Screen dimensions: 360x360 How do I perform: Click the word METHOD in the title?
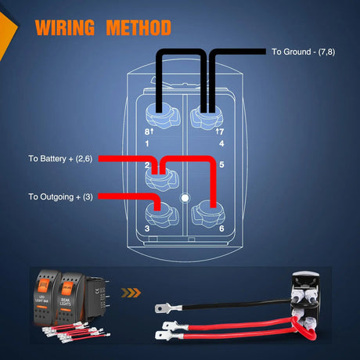click(x=139, y=28)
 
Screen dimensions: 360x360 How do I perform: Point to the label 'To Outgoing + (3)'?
click(x=60, y=196)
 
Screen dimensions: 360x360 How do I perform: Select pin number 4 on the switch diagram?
click(x=221, y=144)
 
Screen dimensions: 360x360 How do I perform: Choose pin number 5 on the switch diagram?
click(x=222, y=165)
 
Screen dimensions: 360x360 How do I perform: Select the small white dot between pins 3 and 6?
click(x=184, y=198)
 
